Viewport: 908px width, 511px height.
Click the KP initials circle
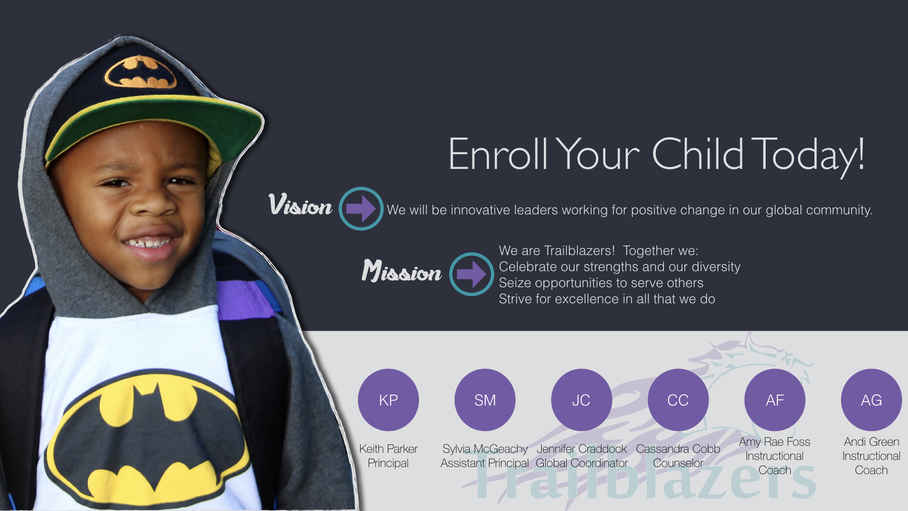[x=388, y=400]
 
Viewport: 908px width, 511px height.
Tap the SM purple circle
[x=485, y=400]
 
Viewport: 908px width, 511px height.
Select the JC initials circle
[x=581, y=400]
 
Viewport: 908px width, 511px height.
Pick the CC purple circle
[x=678, y=400]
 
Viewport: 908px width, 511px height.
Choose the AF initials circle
[x=775, y=400]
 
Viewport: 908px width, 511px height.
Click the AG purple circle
[x=871, y=400]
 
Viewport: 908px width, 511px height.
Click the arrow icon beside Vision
[x=361, y=209]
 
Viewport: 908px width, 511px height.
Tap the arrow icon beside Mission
[x=471, y=274]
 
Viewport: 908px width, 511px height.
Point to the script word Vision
[x=300, y=205]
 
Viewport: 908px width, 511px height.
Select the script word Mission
[x=402, y=271]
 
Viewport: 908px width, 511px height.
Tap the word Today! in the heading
[x=808, y=155]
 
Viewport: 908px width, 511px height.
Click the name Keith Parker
[x=388, y=449]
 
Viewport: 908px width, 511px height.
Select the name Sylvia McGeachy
[x=485, y=449]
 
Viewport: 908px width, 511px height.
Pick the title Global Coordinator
[x=582, y=463]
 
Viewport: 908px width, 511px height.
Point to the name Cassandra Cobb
[x=678, y=449]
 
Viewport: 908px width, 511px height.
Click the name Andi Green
[x=872, y=441]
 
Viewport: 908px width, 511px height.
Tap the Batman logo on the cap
[x=140, y=72]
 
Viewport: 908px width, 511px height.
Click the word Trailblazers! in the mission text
[x=579, y=250]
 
